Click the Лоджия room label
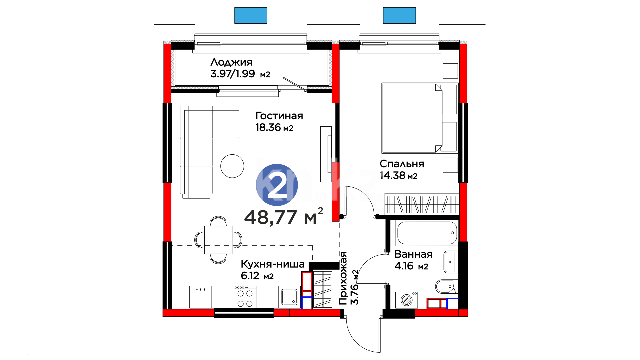click(231, 62)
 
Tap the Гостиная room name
click(279, 116)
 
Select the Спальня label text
click(402, 164)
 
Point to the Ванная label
click(413, 254)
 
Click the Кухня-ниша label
click(272, 264)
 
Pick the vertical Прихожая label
click(343, 278)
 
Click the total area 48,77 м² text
click(284, 217)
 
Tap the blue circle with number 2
click(277, 185)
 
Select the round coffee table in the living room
click(232, 166)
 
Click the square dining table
click(218, 240)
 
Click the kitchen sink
click(289, 297)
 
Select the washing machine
click(406, 300)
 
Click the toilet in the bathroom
click(447, 286)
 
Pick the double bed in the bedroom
click(419, 118)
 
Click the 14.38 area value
click(392, 175)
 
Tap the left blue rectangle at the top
click(251, 15)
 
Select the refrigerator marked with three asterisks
click(201, 297)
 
